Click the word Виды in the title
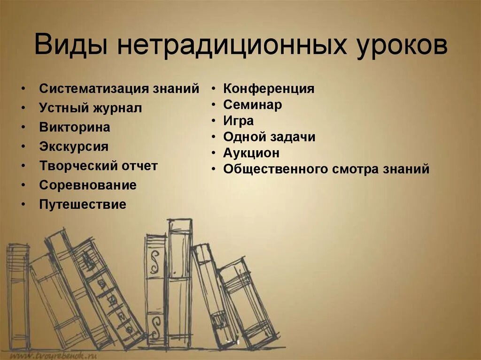click(x=70, y=46)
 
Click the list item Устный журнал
click(x=91, y=108)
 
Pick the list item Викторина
click(x=75, y=127)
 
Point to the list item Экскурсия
click(x=74, y=146)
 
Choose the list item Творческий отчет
click(x=99, y=166)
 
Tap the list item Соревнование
click(x=88, y=185)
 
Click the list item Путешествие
click(x=83, y=204)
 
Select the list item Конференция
click(x=269, y=88)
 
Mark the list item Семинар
click(x=253, y=105)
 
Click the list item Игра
click(x=239, y=121)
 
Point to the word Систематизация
click(x=94, y=89)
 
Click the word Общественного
click(x=272, y=169)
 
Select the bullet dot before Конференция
click(x=214, y=89)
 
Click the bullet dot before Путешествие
click(x=23, y=205)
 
